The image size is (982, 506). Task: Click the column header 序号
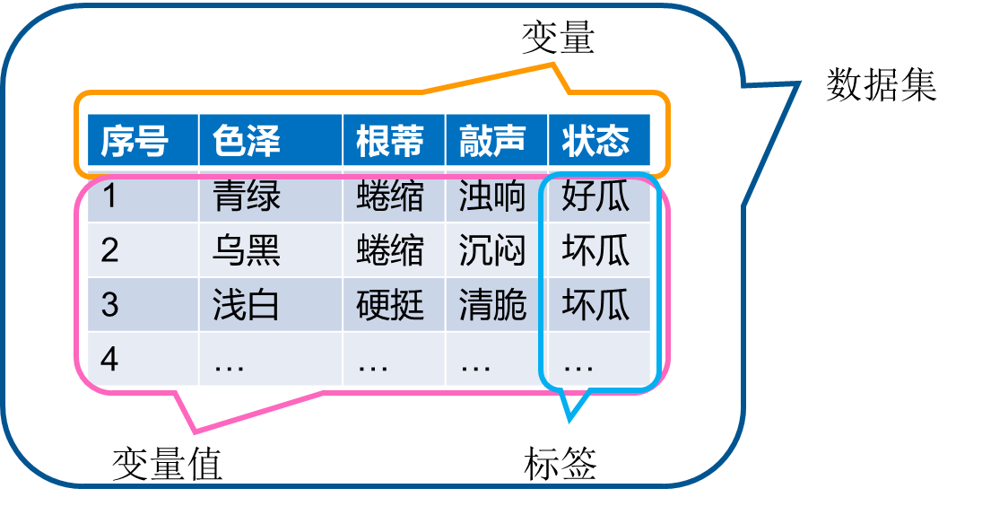click(135, 141)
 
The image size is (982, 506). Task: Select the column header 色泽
click(247, 141)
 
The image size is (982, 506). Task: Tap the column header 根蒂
click(390, 141)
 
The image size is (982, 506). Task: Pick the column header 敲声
click(492, 141)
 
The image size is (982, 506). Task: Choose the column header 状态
click(595, 141)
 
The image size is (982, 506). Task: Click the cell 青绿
click(247, 196)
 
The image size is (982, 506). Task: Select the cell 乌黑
click(247, 250)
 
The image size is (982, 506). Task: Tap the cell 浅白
click(247, 305)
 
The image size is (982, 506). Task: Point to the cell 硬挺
click(390, 305)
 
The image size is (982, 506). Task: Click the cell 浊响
click(492, 196)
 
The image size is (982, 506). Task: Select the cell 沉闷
click(492, 250)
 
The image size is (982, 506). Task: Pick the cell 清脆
click(492, 305)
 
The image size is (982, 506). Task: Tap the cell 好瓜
click(595, 196)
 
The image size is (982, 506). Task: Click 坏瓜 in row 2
click(595, 250)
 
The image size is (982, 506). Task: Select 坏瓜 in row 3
click(595, 305)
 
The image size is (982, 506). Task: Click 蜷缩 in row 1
click(390, 196)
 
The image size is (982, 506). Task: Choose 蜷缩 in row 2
click(390, 250)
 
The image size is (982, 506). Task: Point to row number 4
click(109, 359)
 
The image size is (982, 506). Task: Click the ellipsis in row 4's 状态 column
click(579, 364)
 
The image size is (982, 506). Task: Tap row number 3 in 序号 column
click(109, 305)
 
